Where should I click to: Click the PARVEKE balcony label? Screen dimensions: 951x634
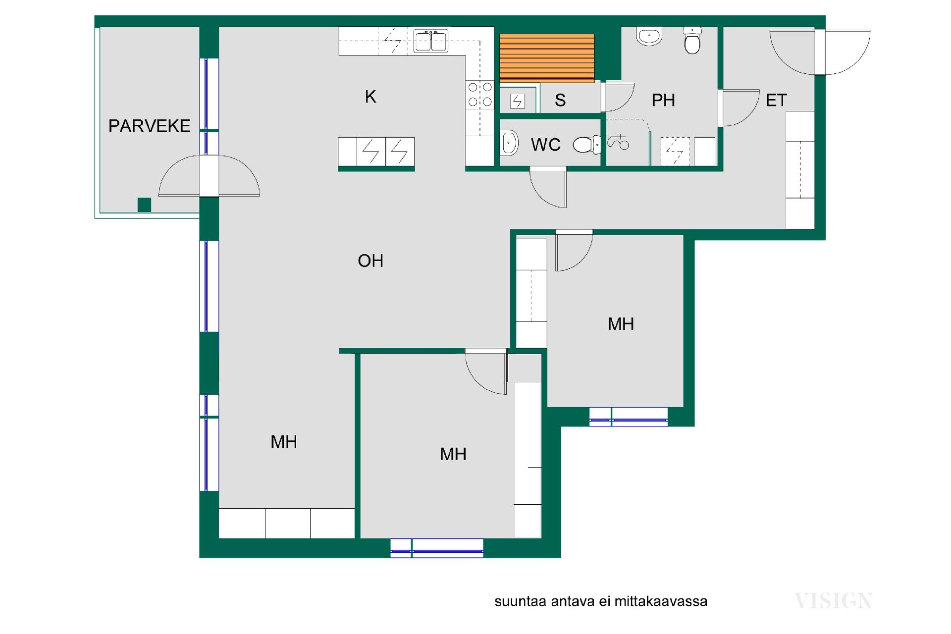point(149,126)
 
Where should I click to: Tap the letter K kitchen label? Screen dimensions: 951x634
point(370,97)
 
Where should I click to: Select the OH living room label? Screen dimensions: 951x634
point(370,261)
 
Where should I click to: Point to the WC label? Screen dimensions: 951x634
point(546,145)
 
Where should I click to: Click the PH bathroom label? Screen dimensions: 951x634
point(663,100)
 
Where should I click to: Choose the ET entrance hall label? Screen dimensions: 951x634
point(776,100)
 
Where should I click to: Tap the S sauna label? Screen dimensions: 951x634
point(560,101)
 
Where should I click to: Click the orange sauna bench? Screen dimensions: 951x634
point(547,58)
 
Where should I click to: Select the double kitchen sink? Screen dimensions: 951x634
point(431,41)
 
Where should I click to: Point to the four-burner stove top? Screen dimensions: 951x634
point(480,95)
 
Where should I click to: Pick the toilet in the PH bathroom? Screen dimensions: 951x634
point(692,40)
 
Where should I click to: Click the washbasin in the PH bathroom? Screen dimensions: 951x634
point(649,36)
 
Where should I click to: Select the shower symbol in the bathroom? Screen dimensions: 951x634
point(618,143)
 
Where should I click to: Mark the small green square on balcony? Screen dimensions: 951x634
point(144,205)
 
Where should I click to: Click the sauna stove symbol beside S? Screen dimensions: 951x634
point(518,102)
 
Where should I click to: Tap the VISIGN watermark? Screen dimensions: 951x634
point(833,601)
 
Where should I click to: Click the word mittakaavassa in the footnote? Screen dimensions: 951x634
point(661,601)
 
